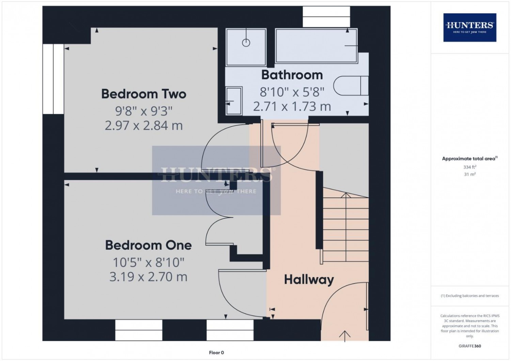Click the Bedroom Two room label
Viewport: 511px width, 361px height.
pos(144,94)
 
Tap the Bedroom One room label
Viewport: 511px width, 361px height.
pos(148,246)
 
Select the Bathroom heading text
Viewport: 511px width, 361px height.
pos(292,75)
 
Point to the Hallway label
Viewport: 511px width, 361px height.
pos(309,280)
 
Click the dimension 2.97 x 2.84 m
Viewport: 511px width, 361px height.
pos(144,126)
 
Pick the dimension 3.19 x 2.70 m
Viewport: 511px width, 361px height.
pos(148,277)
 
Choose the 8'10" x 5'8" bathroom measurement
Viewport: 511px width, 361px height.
pos(292,92)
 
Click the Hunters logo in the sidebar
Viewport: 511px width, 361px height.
pos(470,28)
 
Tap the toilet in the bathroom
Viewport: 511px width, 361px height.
pos(351,85)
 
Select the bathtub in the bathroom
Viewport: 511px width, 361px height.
pos(316,46)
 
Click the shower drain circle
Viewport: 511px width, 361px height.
pos(246,43)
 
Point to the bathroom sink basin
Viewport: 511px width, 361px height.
pos(234,101)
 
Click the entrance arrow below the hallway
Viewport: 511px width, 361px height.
pos(345,336)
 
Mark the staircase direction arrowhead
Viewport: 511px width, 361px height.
pos(346,195)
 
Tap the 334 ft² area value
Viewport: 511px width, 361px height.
pos(470,167)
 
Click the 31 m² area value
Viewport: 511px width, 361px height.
pos(470,174)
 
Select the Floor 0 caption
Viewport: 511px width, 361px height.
pos(216,352)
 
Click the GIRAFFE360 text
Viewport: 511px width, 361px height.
pos(470,346)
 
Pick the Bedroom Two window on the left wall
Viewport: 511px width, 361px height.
pos(53,79)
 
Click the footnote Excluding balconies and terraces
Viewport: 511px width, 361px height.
pos(470,296)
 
